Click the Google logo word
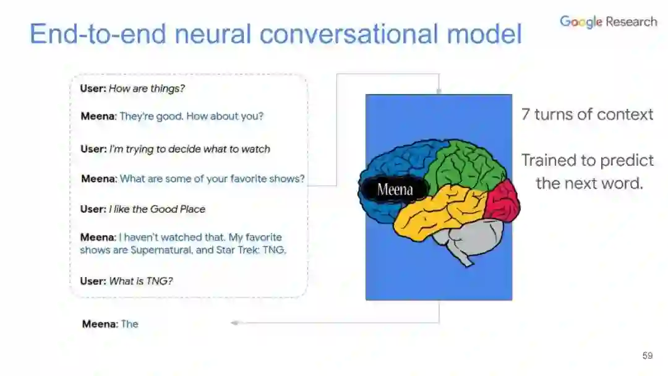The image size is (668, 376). tap(581, 22)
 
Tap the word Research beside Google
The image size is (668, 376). tap(631, 22)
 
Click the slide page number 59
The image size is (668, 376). tap(648, 356)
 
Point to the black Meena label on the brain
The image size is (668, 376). tap(395, 189)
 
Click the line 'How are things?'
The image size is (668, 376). tap(147, 88)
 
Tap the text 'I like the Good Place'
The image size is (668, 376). tap(157, 209)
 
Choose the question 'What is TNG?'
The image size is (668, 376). tap(141, 281)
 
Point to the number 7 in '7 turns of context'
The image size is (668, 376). tap(525, 114)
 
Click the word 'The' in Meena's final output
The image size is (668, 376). tap(129, 323)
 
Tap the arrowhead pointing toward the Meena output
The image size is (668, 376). tap(234, 323)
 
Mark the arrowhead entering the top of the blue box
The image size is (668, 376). tap(439, 92)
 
